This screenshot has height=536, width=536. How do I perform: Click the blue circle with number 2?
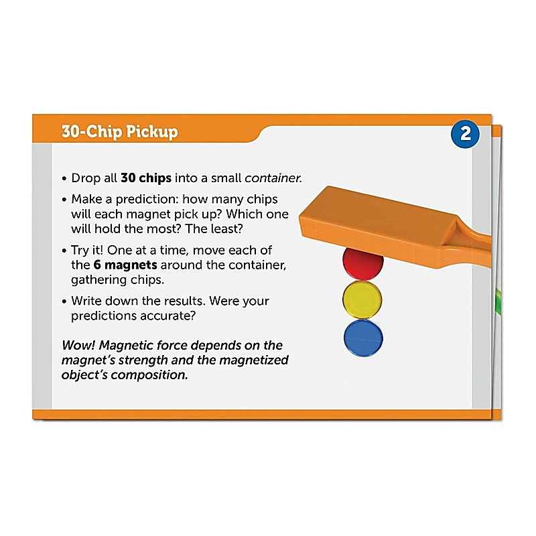(465, 134)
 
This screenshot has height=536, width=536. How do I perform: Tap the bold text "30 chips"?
(146, 178)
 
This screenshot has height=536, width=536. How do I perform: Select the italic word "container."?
(273, 178)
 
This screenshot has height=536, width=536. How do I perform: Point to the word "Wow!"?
(79, 346)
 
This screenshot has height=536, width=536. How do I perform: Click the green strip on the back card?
(497, 301)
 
